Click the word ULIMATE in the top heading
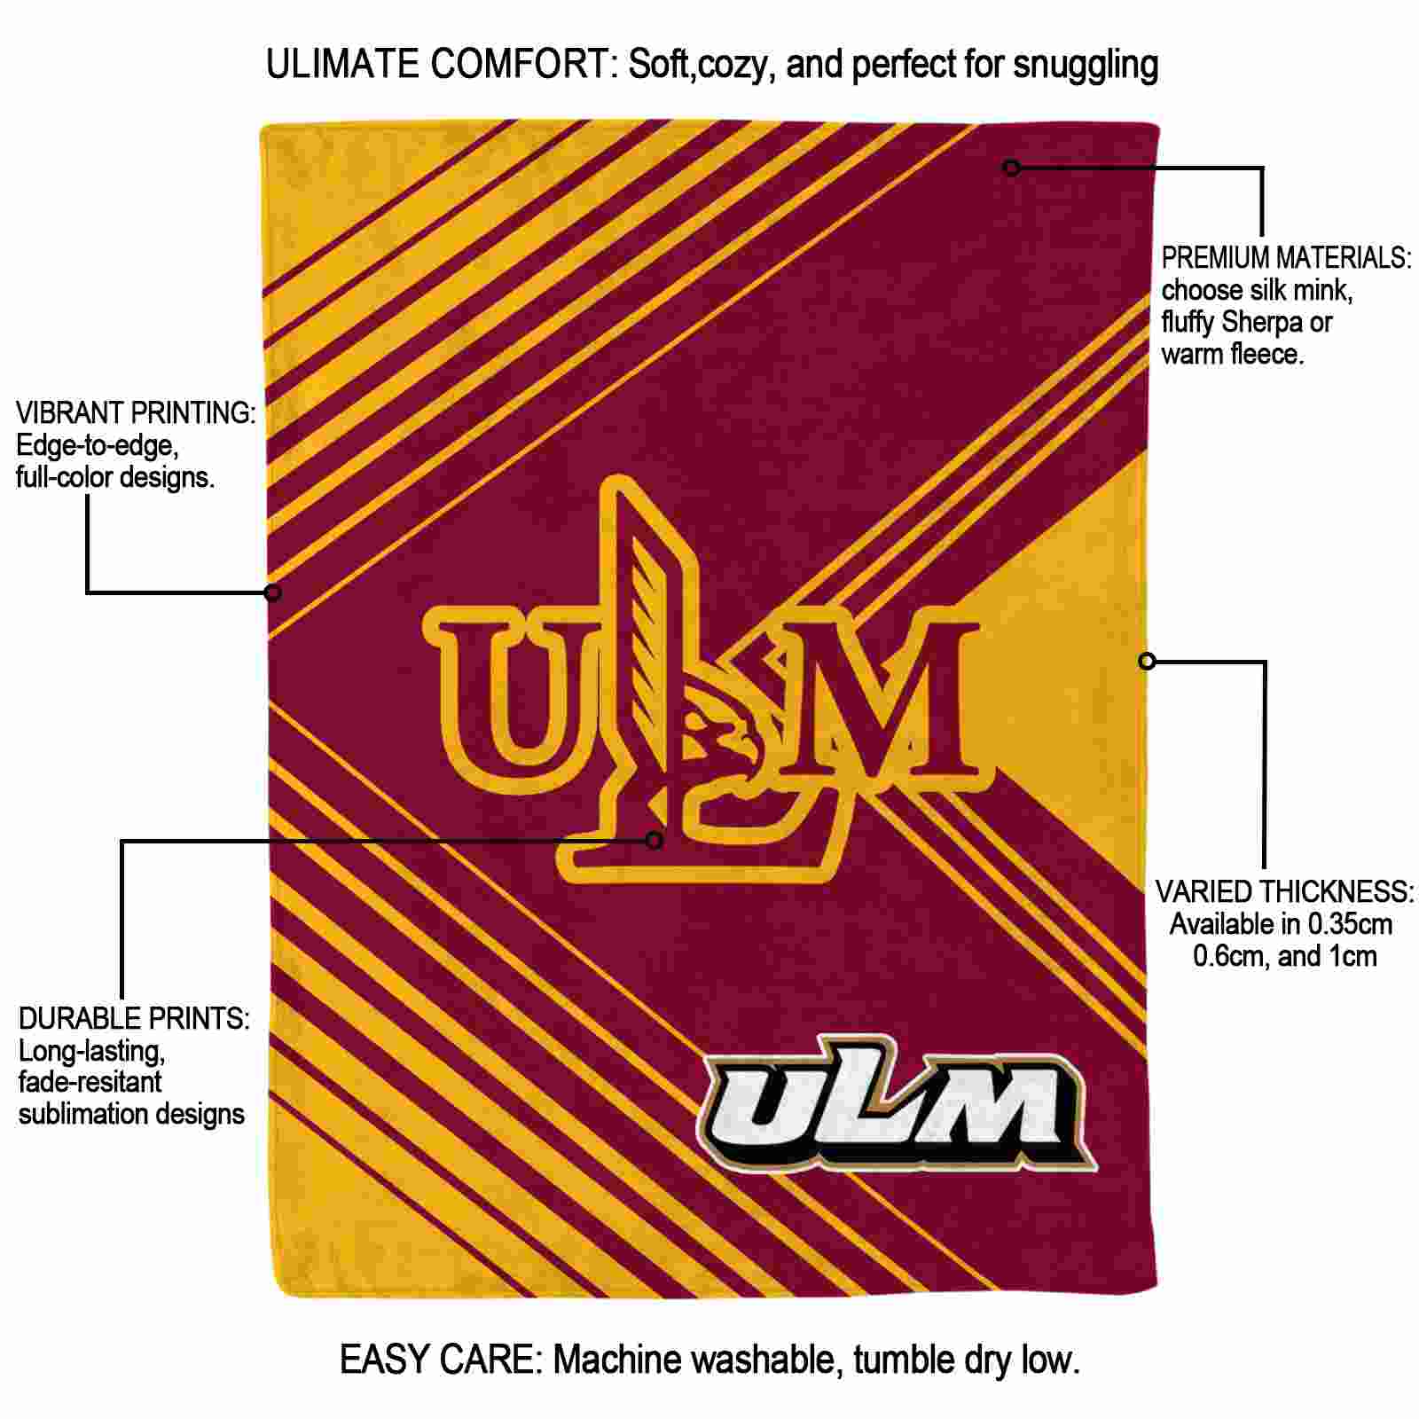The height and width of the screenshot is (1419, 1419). (342, 65)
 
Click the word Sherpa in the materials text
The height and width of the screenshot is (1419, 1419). (1260, 323)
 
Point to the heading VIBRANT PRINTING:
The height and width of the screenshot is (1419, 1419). (136, 412)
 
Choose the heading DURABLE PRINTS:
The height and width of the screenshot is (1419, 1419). (134, 1018)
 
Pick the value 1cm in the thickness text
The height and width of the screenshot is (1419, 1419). (1352, 956)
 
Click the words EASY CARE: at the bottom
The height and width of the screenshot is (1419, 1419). (441, 1360)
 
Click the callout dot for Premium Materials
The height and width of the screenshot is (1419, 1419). (1012, 167)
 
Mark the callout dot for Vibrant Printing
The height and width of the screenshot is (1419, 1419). (273, 592)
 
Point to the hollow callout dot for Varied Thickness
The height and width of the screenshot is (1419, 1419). (1147, 661)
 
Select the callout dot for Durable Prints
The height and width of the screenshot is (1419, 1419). (655, 840)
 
